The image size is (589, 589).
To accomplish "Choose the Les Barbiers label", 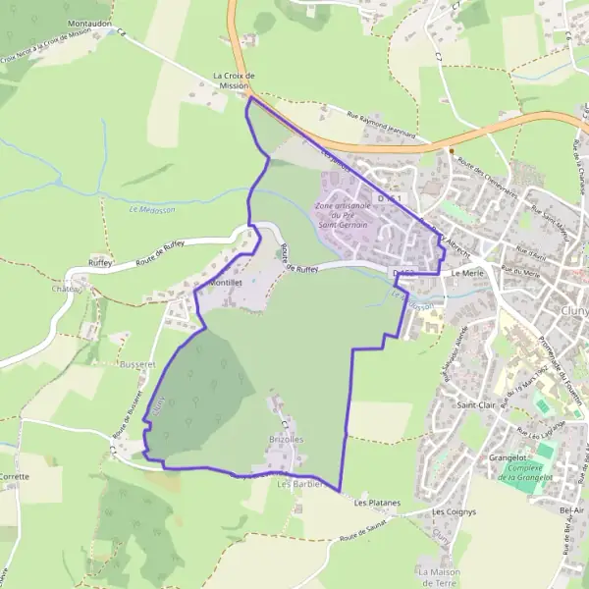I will tap(299, 483).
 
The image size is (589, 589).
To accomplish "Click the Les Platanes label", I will tap(377, 503).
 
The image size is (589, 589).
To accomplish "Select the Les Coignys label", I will tap(454, 511).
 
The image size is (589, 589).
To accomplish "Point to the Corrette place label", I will tap(15, 476).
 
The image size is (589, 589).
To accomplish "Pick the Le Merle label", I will tap(469, 274).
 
